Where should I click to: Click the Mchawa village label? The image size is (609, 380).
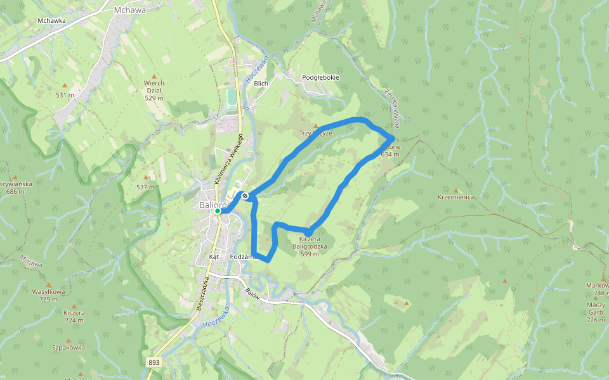pos(131,10)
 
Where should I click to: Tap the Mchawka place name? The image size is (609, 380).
pos(52,20)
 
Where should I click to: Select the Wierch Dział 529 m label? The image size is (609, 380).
pos(154,91)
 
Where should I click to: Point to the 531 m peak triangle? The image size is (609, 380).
pos(65,85)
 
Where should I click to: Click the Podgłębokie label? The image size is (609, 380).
pos(320,78)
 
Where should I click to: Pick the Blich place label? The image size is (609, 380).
pos(261,83)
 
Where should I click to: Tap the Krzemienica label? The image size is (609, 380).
pos(455,197)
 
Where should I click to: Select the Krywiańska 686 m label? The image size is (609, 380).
pos(15,187)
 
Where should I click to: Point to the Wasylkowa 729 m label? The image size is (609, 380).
pos(48,295)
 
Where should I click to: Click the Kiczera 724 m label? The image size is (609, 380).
pos(74,317)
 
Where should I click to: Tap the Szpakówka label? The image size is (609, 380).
pos(68,348)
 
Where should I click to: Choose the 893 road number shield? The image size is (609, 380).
pos(154,363)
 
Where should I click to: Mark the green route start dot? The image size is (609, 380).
pos(218,212)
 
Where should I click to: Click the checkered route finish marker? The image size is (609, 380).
pos(245,196)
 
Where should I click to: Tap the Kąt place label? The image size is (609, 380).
pos(214,257)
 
